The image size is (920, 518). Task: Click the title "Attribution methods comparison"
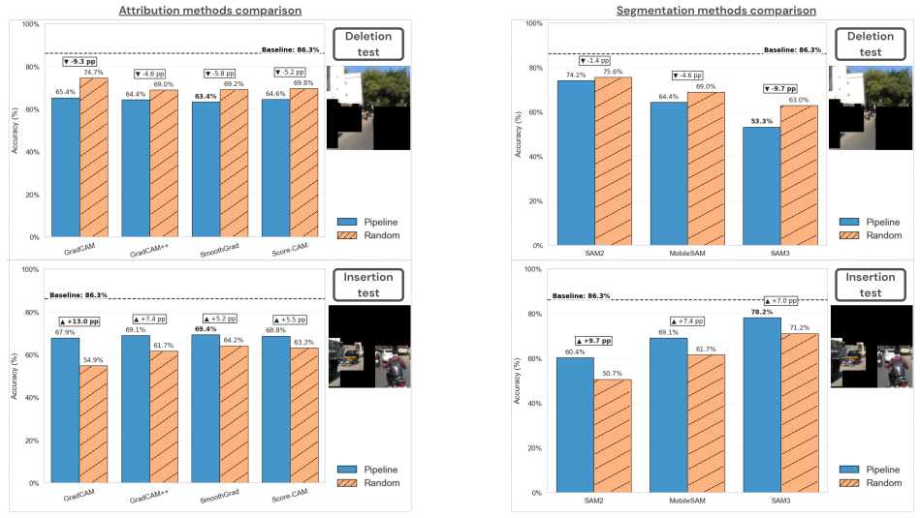(x=210, y=11)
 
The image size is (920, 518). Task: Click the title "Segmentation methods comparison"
(x=715, y=11)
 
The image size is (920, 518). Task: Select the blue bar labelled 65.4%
(x=66, y=168)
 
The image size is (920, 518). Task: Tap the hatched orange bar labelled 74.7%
(x=94, y=158)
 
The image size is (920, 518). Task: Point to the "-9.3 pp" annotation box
(x=79, y=62)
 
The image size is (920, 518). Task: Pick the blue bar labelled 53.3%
(x=762, y=186)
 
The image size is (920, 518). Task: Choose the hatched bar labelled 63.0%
(x=799, y=176)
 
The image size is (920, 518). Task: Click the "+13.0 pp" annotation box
(x=79, y=321)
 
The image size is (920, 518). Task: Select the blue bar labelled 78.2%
(x=762, y=406)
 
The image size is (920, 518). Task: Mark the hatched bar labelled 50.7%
(x=613, y=436)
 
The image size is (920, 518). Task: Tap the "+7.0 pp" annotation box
(x=781, y=300)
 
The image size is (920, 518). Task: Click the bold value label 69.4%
(x=206, y=329)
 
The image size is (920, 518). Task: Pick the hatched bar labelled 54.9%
(x=93, y=424)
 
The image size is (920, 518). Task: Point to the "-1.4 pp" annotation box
(x=594, y=61)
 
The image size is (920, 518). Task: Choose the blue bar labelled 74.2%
(x=576, y=163)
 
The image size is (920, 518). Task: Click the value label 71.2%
(x=799, y=328)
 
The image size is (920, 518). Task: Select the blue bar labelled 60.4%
(x=575, y=425)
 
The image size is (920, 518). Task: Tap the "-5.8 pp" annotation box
(x=219, y=74)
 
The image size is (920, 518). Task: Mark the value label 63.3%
(x=304, y=342)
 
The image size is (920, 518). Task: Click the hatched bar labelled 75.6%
(x=613, y=161)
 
